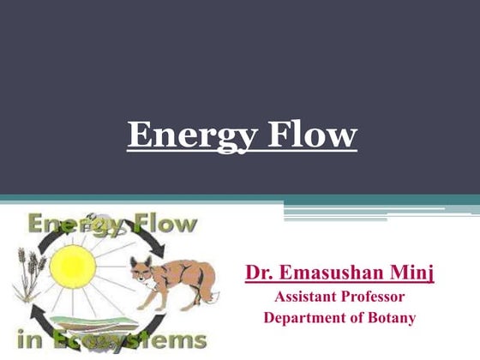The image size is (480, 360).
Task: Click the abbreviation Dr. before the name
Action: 261,273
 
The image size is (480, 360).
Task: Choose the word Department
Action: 305,318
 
